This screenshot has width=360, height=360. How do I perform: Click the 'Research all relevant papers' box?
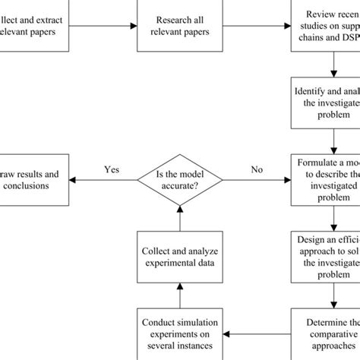[x=180, y=25]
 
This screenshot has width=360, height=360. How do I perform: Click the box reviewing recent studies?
[x=327, y=25]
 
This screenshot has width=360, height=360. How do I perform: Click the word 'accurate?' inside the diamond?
[x=180, y=185]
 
